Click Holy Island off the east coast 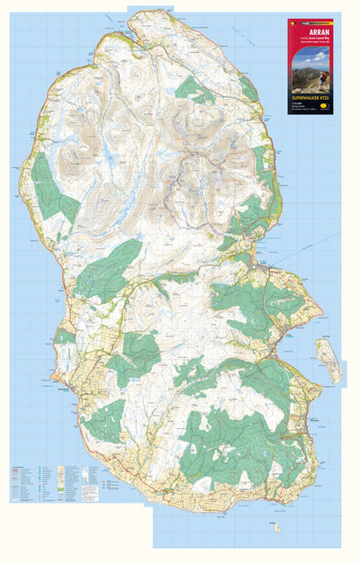[x=328, y=357]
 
